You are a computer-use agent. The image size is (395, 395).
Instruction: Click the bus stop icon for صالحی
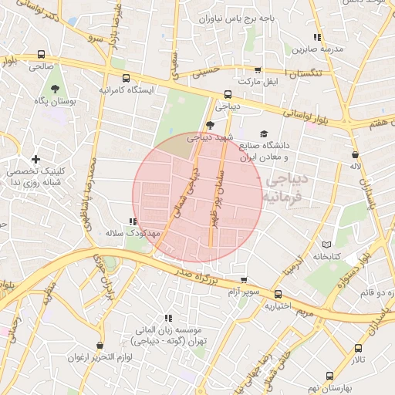click(40, 55)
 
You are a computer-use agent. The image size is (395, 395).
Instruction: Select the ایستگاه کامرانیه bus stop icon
click(126, 78)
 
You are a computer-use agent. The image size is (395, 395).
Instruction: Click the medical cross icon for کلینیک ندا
click(35, 159)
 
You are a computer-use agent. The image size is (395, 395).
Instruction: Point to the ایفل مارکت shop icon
click(258, 69)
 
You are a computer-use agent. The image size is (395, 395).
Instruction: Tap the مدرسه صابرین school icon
click(317, 37)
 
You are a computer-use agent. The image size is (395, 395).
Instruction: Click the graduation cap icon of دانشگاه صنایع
click(264, 133)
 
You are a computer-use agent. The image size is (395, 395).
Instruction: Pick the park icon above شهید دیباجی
click(210, 125)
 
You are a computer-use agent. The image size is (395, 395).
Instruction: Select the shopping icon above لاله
click(355, 154)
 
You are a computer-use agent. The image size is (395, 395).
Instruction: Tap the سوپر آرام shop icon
click(245, 280)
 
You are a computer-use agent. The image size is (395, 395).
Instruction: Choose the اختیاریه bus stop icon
click(279, 294)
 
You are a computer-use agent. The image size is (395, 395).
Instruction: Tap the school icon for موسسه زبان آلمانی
click(168, 318)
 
